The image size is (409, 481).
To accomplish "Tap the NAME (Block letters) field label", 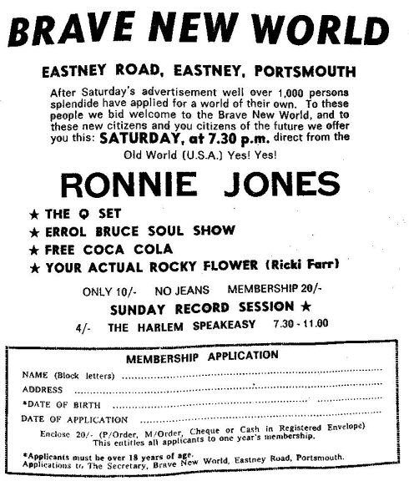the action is click(70, 374).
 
